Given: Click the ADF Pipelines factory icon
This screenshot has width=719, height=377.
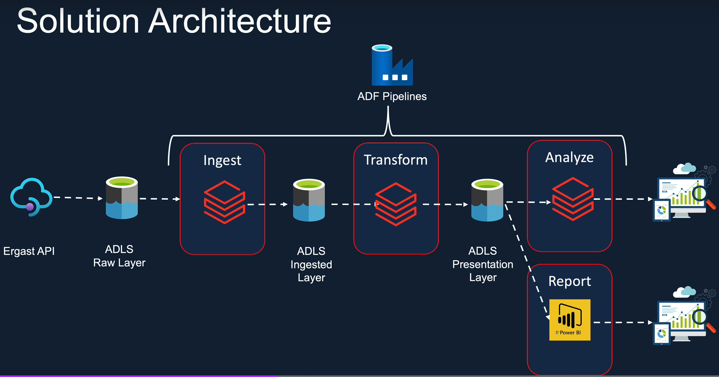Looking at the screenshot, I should [x=392, y=66].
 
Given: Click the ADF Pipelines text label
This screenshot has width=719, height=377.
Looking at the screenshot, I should [x=392, y=96].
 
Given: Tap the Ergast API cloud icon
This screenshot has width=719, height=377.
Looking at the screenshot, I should [x=31, y=197].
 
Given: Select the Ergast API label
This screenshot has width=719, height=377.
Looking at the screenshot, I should [x=29, y=251].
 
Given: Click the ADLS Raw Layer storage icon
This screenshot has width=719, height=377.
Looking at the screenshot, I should [x=122, y=198].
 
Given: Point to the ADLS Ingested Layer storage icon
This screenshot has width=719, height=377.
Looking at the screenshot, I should [x=309, y=200].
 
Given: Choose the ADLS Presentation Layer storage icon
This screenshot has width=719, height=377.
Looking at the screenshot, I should [x=487, y=200].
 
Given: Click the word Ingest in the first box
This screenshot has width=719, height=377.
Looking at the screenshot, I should [x=222, y=160].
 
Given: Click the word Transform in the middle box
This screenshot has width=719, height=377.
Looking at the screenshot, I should [x=395, y=160].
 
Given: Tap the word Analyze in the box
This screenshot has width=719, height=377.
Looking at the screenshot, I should [x=569, y=157].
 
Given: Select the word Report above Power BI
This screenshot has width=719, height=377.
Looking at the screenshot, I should [x=569, y=281].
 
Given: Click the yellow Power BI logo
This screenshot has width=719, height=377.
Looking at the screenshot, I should [x=569, y=320].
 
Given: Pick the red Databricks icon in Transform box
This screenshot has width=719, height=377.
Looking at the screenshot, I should [x=395, y=204].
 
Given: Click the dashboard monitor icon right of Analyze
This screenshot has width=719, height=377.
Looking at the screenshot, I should [x=683, y=194].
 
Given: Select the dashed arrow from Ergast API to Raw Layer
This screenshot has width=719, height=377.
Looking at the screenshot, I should [x=77, y=198].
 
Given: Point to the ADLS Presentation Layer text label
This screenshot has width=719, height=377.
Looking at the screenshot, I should [x=483, y=264].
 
